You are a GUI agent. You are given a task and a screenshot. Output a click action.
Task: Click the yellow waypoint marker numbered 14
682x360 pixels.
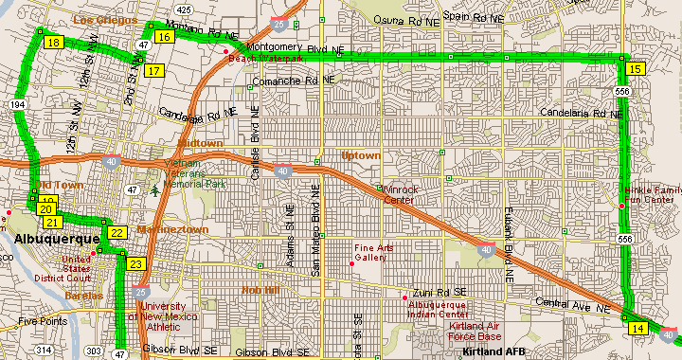coord(637,328)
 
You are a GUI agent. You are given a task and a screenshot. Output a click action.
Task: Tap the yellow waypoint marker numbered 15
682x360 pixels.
coord(636,68)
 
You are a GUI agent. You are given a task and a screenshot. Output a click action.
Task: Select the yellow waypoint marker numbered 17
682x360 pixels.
coord(153,70)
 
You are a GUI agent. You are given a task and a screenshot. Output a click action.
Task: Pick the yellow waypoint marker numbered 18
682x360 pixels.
coord(53,43)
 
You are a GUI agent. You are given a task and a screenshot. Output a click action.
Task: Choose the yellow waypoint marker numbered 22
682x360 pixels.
coord(117,233)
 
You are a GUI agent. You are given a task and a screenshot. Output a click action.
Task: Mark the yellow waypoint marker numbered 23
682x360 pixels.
coord(136,264)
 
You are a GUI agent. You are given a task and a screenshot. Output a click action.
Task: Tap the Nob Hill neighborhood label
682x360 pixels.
coord(260,290)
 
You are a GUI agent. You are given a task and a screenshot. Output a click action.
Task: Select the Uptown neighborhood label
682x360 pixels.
coord(360,155)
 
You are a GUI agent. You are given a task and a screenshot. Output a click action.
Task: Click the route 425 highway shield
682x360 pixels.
coord(184,9)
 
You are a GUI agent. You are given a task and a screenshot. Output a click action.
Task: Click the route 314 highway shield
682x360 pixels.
coord(44,351)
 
